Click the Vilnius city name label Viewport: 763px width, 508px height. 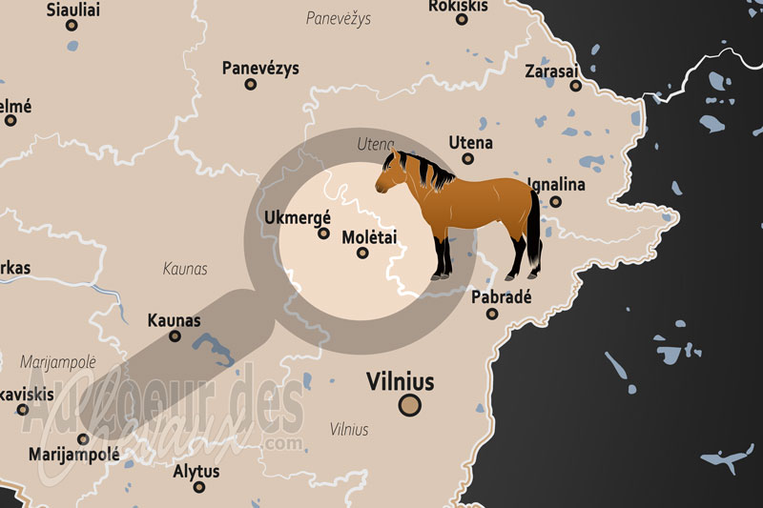click(x=400, y=383)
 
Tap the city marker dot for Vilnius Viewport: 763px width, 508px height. click(x=410, y=406)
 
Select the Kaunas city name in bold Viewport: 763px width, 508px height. click(x=174, y=320)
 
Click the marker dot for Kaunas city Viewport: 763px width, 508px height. click(x=175, y=335)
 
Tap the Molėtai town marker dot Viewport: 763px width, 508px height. click(x=362, y=253)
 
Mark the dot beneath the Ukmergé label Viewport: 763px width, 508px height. click(x=324, y=233)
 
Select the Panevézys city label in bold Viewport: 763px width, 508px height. click(x=260, y=69)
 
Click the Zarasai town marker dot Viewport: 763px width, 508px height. click(x=576, y=85)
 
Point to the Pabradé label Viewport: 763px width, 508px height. click(x=501, y=296)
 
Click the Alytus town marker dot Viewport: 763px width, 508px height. click(x=198, y=487)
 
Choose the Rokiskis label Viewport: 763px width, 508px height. click(x=458, y=7)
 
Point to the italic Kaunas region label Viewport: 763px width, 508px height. click(x=185, y=270)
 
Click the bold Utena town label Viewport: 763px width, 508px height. click(x=471, y=143)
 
